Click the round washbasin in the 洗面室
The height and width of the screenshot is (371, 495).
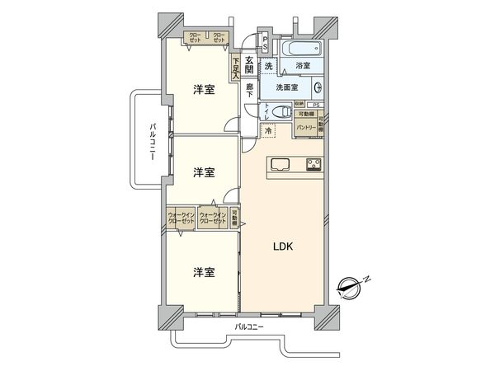[317, 87]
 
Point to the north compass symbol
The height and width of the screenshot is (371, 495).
[353, 286]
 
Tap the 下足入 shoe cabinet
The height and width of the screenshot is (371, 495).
[236, 65]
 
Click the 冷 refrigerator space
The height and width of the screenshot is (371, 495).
[268, 130]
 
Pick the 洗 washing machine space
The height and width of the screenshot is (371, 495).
[269, 66]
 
